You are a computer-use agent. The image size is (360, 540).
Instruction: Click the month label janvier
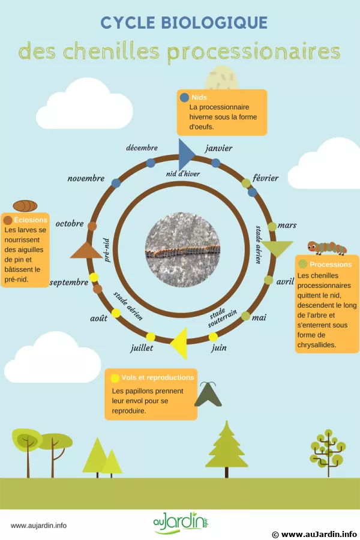218,148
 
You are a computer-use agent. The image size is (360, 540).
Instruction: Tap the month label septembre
70,282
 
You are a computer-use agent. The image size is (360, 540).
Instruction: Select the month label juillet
142,347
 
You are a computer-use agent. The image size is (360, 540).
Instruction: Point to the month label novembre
86,179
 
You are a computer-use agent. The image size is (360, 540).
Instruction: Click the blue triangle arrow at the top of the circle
185,154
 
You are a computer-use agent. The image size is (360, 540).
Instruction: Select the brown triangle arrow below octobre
86,251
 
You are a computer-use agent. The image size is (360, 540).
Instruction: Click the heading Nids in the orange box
199,97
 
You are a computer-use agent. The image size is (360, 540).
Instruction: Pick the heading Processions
331,264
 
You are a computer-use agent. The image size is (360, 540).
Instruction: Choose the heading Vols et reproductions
157,377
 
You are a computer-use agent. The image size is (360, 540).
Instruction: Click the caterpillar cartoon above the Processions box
327,247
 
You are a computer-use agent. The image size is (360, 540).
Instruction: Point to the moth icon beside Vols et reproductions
208,394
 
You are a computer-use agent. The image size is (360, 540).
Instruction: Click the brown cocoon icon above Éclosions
25,206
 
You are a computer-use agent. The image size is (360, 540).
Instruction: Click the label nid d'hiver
183,173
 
